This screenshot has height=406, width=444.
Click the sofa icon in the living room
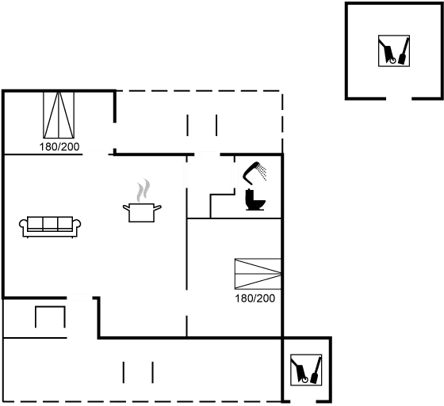[50, 227]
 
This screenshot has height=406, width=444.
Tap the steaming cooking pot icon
[142, 201]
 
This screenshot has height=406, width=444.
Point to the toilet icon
[255, 200]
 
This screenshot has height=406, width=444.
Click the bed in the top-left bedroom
[59, 115]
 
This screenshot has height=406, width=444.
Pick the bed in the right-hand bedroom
[258, 274]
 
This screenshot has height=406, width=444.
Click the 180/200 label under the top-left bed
[59, 147]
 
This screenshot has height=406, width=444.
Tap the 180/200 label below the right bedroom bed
[255, 298]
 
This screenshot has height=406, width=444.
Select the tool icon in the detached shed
[394, 51]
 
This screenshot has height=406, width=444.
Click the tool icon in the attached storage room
[306, 370]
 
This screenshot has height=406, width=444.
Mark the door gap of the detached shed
[399, 99]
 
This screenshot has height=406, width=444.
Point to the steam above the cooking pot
[143, 190]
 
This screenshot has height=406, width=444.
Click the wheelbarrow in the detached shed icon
[388, 52]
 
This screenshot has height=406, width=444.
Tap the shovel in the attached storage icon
[316, 370]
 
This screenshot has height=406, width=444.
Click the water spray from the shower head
[262, 173]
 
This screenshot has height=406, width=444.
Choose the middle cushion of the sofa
[50, 224]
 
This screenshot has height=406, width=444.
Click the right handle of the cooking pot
[158, 208]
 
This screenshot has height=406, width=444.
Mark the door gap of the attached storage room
[303, 401]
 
